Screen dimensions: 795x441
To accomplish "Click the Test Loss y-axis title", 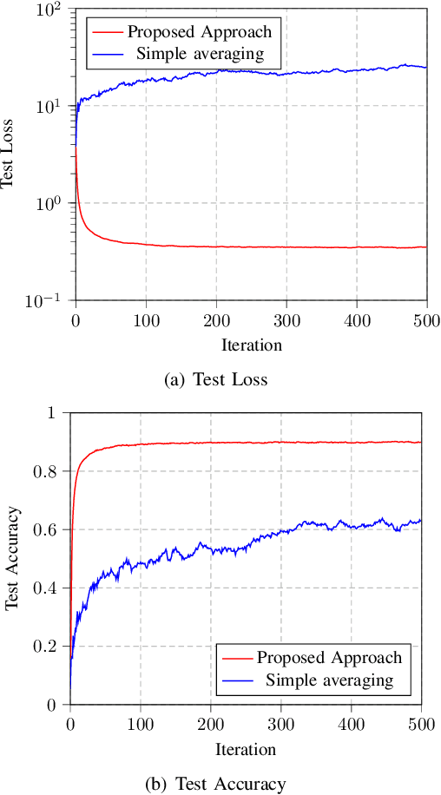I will pyautogui.click(x=10, y=154).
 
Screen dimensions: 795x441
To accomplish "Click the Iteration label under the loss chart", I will pyautogui.click(x=250, y=345).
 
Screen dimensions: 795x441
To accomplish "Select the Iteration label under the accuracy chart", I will pyautogui.click(x=245, y=749).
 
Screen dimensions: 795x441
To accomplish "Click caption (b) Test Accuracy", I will pyautogui.click(x=220, y=784).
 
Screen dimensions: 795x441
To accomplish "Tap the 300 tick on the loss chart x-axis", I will pyautogui.click(x=286, y=319).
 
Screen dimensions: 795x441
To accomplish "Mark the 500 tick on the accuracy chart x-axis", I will pyautogui.click(x=421, y=723).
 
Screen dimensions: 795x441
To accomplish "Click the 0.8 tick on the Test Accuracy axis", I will pyautogui.click(x=51, y=471).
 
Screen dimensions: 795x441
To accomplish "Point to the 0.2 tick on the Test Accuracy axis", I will pyautogui.click(x=51, y=647).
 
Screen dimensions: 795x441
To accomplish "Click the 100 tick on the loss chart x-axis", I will pyautogui.click(x=145, y=319).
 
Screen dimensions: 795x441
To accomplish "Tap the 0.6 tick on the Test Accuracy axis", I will pyautogui.click(x=51, y=529).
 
